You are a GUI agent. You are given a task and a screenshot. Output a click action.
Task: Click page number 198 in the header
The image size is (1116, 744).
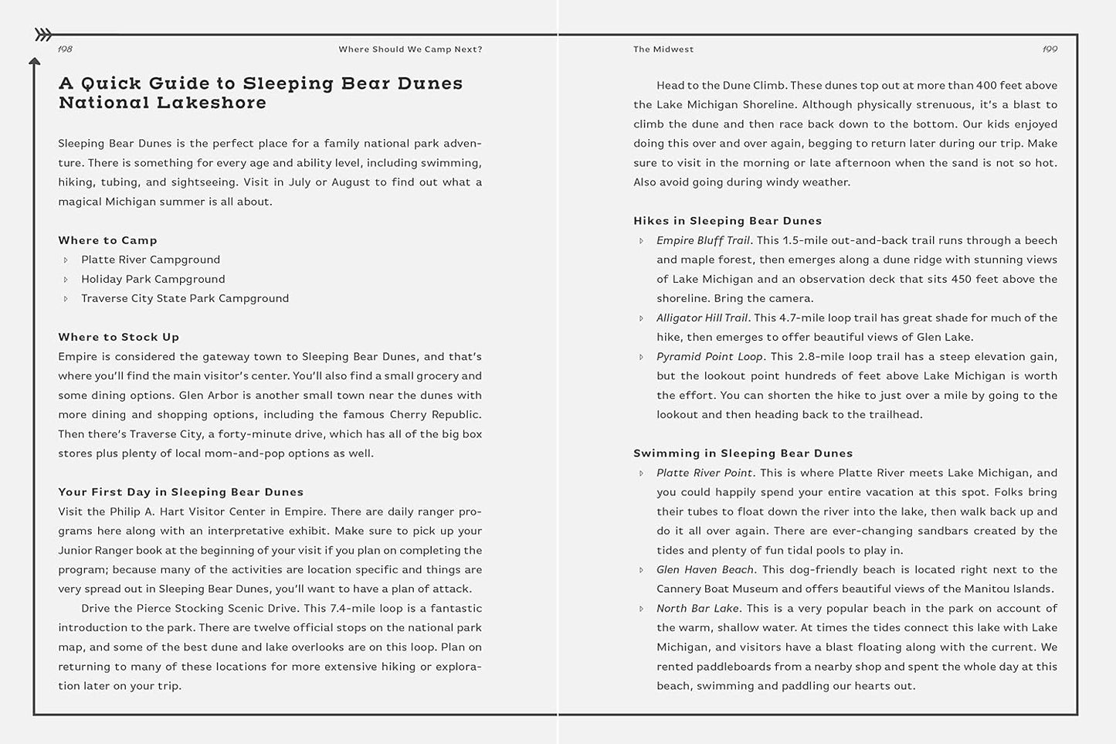(x=66, y=49)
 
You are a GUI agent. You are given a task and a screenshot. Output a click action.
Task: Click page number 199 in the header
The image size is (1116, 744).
(x=1050, y=49)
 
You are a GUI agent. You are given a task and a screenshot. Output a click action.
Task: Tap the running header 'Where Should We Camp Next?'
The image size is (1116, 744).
(x=410, y=49)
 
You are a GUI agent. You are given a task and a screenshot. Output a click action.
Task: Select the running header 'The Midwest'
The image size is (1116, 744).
(x=663, y=49)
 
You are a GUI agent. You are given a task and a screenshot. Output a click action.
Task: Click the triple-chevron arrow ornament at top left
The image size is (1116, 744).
(x=44, y=34)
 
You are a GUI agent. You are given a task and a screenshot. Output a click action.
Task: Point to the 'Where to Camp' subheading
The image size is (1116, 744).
(x=107, y=240)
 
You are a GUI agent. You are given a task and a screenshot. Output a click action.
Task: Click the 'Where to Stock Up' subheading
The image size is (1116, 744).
(x=118, y=337)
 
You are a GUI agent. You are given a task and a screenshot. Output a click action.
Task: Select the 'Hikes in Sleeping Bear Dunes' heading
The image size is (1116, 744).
(x=728, y=221)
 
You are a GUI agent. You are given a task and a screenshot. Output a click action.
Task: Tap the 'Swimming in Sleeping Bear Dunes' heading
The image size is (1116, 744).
(x=743, y=454)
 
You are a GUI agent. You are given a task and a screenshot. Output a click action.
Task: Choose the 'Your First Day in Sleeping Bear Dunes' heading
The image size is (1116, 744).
(x=181, y=492)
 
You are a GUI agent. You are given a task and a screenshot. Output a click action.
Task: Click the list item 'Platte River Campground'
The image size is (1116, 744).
(x=151, y=260)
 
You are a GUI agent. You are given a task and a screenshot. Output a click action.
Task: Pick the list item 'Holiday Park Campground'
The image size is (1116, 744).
(x=153, y=279)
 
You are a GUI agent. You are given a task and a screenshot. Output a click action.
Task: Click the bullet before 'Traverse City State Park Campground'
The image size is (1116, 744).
(x=66, y=299)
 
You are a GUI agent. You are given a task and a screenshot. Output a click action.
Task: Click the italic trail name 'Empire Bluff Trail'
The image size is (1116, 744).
(x=703, y=240)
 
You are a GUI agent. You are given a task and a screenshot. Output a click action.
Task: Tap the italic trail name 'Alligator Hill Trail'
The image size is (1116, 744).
(x=702, y=318)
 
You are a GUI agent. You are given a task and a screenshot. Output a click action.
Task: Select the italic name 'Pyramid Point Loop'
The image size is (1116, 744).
(x=709, y=356)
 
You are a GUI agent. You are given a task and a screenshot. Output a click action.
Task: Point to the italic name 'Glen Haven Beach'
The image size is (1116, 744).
(x=704, y=569)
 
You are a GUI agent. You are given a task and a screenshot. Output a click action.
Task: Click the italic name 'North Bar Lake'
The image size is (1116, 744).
(x=697, y=608)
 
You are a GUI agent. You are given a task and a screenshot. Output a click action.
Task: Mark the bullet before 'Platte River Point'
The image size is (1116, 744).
(x=641, y=473)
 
